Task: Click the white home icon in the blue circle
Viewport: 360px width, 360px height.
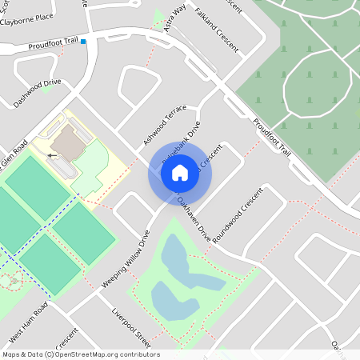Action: (x=180, y=173)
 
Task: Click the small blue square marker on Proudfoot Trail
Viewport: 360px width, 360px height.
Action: (x=82, y=41)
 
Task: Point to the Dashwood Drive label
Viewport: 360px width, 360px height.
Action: (x=37, y=93)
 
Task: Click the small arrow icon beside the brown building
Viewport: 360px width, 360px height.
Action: (x=53, y=155)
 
